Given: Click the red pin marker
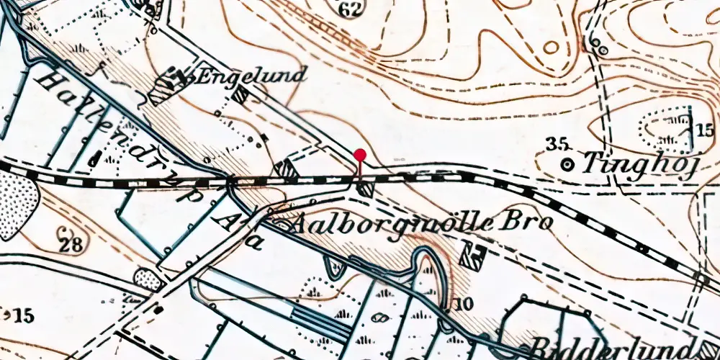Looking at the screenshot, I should pyautogui.click(x=360, y=155).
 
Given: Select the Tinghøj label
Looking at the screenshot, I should pyautogui.click(x=639, y=165).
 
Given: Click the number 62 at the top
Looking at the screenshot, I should pyautogui.click(x=351, y=9).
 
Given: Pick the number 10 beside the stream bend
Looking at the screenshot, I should pyautogui.click(x=464, y=304).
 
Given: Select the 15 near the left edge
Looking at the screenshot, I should pyautogui.click(x=23, y=315).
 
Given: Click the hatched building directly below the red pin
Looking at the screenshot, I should pyautogui.click(x=366, y=189).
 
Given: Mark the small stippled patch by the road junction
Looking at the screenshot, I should pyautogui.click(x=148, y=279).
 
